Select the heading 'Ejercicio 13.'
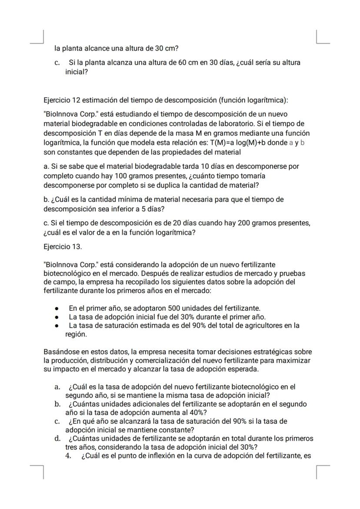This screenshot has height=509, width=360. point(63,247)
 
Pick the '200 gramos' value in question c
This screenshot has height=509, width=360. point(257,223)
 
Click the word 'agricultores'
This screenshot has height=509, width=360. point(270,326)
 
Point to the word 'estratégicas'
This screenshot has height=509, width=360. point(272,352)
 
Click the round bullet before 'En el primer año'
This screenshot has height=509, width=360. point(57,309)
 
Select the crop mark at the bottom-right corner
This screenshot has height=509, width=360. point(322,472)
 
